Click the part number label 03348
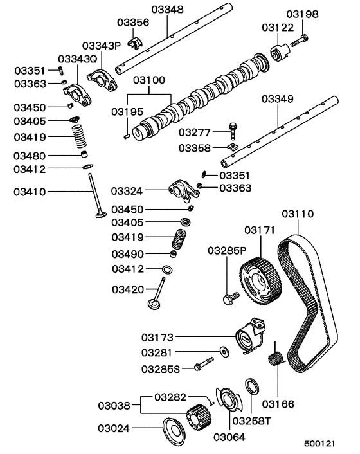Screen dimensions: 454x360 pyautogui.click(x=167, y=10)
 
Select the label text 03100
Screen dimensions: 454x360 pyautogui.click(x=149, y=80)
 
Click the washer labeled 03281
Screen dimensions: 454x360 pyautogui.click(x=225, y=352)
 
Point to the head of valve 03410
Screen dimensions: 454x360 pyautogui.click(x=101, y=213)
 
